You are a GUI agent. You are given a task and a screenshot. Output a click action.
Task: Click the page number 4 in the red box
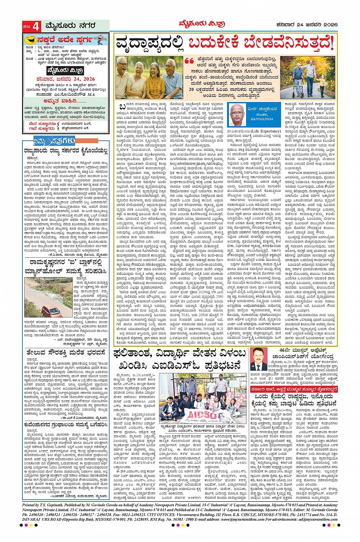(x=37, y=27)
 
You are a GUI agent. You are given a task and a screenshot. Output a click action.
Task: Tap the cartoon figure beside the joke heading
(x=100, y=40)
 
